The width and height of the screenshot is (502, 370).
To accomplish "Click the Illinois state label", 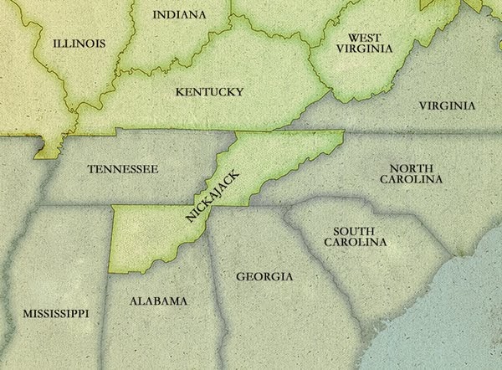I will point(79,43).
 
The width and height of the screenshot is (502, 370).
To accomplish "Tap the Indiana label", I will point(179,15).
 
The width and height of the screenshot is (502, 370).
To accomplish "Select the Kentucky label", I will point(209,91).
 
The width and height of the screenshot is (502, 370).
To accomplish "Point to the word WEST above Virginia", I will point(365,38).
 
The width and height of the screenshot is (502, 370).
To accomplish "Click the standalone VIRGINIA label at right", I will point(447,105).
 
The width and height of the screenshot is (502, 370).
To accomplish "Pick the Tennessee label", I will point(122,169).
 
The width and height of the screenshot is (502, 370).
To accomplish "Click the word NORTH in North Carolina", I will point(410,167).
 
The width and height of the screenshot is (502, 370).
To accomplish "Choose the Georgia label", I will point(264,276).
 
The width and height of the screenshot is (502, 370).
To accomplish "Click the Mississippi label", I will point(55,313).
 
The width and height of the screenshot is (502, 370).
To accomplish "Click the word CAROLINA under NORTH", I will point(410,179).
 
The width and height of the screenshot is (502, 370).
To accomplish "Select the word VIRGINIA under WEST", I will point(365,49).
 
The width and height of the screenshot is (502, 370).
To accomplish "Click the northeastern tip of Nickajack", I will point(342,133).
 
